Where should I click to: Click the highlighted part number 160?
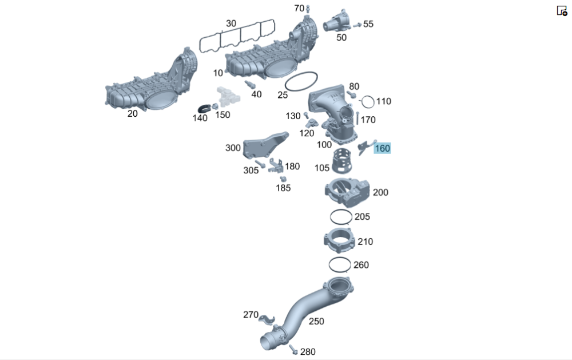pyautogui.click(x=382, y=148)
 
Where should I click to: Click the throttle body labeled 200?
pyautogui.click(x=347, y=192)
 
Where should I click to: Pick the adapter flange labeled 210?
pyautogui.click(x=339, y=240)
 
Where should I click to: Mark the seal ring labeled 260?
pyautogui.click(x=329, y=264)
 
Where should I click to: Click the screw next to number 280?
pyautogui.click(x=293, y=349)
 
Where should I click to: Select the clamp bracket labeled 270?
pyautogui.click(x=267, y=319)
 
